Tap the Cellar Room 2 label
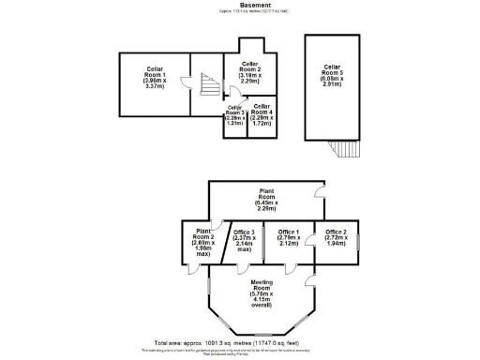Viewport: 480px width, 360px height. [x=250, y=74]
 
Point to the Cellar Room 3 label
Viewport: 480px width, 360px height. [x=234, y=117]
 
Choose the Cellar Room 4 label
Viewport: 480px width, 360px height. [x=262, y=116]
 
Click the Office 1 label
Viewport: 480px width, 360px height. [x=289, y=238]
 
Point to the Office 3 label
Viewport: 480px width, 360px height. [x=244, y=241]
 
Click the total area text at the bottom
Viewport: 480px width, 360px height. [x=240, y=343]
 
